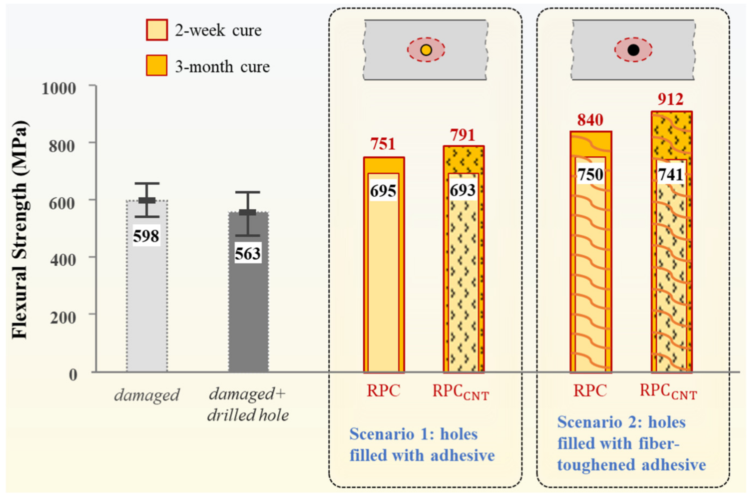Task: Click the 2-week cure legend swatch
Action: (x=157, y=30)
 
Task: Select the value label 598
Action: (x=146, y=236)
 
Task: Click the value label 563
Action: (x=248, y=254)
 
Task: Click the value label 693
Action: (x=463, y=190)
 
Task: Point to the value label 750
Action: (x=590, y=175)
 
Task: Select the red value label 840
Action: (x=590, y=120)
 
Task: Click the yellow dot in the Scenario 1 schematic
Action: (x=426, y=50)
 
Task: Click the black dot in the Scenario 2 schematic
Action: (x=633, y=50)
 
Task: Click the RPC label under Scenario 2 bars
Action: (x=590, y=391)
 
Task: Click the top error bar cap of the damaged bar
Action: (x=147, y=184)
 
